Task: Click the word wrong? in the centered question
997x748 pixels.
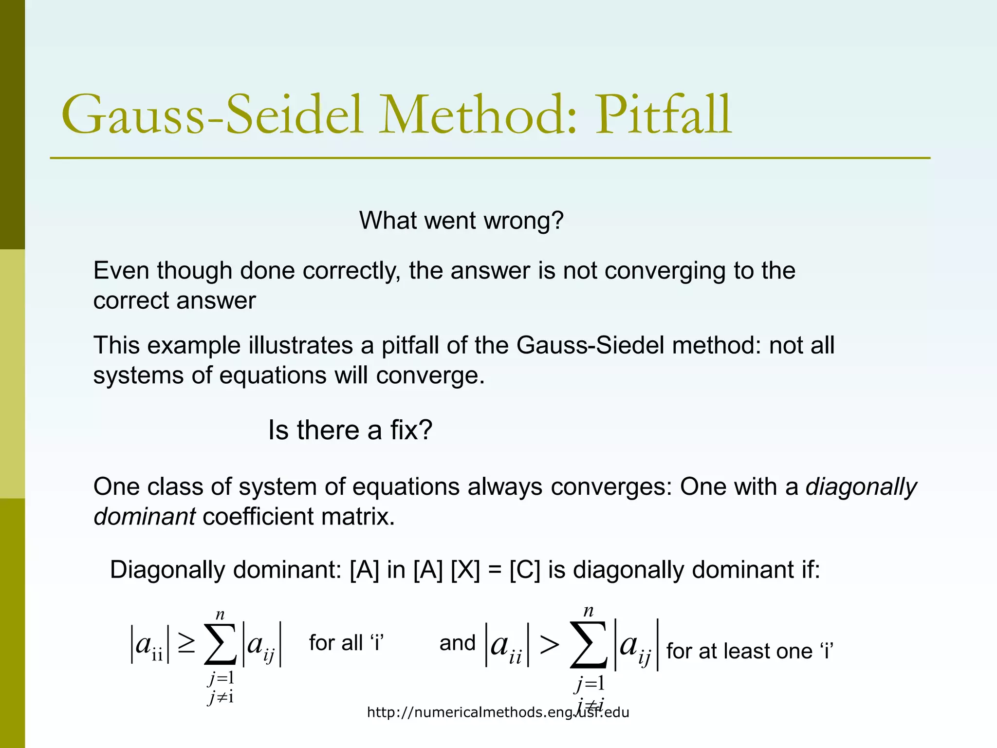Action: (523, 221)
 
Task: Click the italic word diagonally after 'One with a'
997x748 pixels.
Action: (861, 487)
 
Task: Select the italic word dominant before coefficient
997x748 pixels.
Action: (145, 517)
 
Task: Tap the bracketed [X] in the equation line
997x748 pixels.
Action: (465, 570)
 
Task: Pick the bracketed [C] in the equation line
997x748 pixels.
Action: (525, 570)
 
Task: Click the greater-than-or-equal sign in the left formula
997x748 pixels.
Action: (186, 645)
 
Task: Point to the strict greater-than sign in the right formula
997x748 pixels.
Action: (549, 646)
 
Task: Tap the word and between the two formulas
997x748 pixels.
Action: (457, 643)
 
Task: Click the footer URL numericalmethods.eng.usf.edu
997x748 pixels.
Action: (498, 712)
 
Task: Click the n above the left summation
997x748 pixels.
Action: (220, 615)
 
